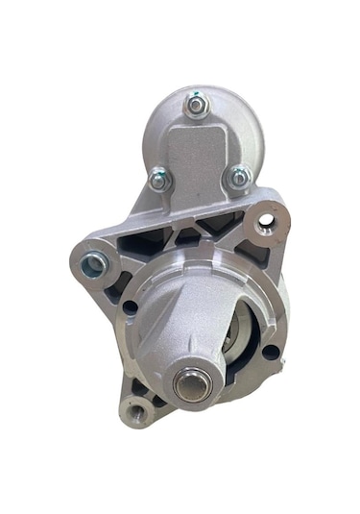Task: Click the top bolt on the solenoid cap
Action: [197, 106]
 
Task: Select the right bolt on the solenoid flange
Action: [238, 177]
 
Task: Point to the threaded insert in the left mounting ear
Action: [94, 262]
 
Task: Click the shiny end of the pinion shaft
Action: [188, 383]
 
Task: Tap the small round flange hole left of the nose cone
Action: [129, 307]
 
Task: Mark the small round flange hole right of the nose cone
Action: [271, 351]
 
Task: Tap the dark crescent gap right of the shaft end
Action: [230, 370]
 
